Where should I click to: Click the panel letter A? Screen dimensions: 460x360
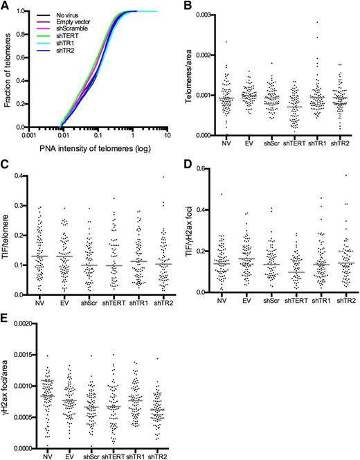(6, 6)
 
